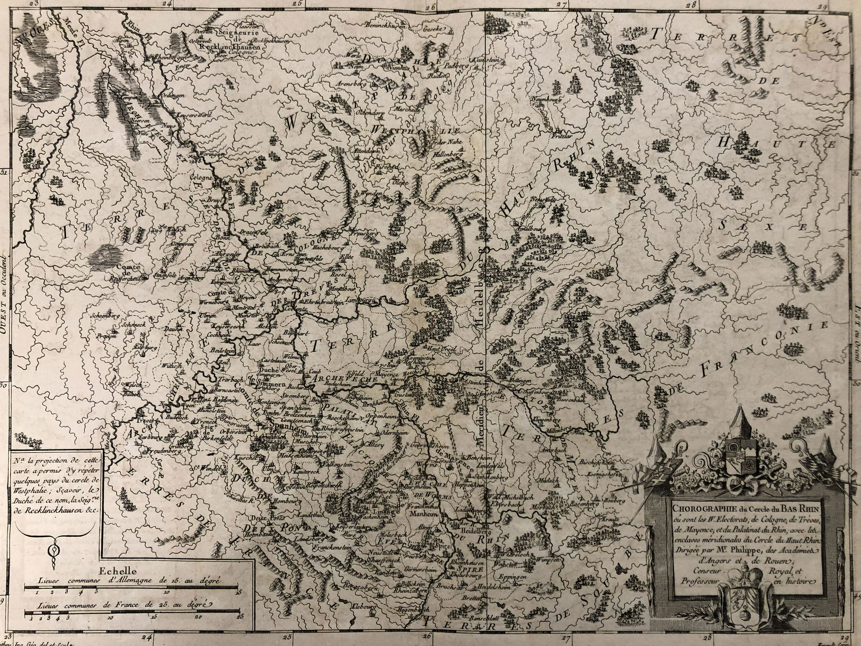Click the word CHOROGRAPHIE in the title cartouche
point(696,505)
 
